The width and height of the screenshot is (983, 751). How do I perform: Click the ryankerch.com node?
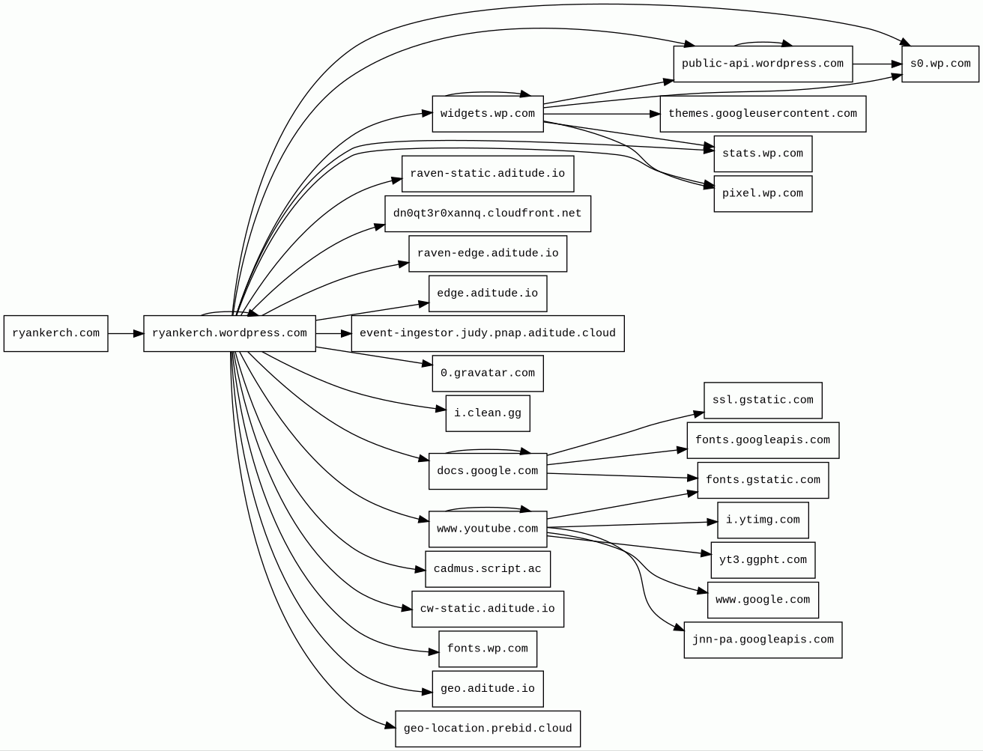55,333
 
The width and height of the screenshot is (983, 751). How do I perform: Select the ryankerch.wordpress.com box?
229,333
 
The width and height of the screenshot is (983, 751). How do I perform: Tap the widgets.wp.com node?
487,114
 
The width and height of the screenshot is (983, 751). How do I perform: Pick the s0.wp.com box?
940,64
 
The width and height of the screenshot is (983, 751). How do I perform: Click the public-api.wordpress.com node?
762,64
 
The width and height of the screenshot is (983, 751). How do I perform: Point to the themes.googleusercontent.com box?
762,114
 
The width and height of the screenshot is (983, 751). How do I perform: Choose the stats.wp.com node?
762,153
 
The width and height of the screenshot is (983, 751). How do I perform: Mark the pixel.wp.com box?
762,193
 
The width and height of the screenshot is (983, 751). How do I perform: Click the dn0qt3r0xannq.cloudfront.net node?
487,213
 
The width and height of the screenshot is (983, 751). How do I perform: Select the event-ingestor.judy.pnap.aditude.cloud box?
487,333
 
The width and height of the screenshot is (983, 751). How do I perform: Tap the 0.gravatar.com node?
487,373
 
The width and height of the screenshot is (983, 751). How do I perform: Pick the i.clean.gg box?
487,413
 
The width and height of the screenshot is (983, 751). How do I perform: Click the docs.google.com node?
487,471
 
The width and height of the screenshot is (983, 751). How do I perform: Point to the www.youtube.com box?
487,529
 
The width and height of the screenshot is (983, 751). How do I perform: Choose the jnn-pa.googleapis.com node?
762,640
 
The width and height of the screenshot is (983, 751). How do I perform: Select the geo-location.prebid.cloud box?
487,729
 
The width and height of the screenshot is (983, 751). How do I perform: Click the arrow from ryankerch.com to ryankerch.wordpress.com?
125,333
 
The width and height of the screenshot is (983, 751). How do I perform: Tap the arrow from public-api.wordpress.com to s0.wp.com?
877,64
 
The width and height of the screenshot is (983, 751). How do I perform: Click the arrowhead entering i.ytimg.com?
713,522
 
